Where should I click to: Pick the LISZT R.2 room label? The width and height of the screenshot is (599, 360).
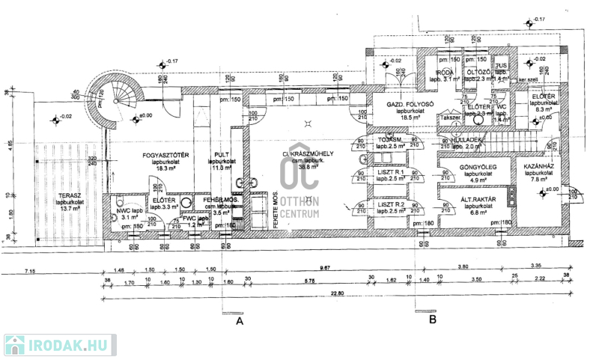[390, 204]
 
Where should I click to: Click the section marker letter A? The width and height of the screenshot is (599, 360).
[240, 320]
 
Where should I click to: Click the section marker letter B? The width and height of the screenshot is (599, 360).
[432, 320]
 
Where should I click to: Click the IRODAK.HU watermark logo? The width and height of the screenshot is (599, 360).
[59, 345]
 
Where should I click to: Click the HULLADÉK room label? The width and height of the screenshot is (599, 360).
[467, 140]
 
